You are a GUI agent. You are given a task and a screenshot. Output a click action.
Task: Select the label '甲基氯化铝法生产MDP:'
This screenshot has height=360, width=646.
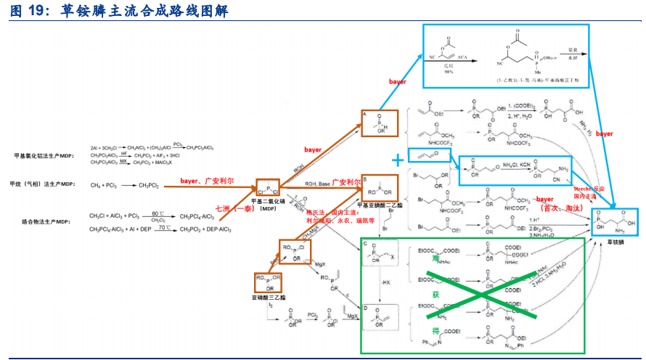44,155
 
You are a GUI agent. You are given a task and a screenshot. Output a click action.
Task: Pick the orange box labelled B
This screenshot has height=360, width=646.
380,187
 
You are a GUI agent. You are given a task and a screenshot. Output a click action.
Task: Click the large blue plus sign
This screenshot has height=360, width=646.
397,160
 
